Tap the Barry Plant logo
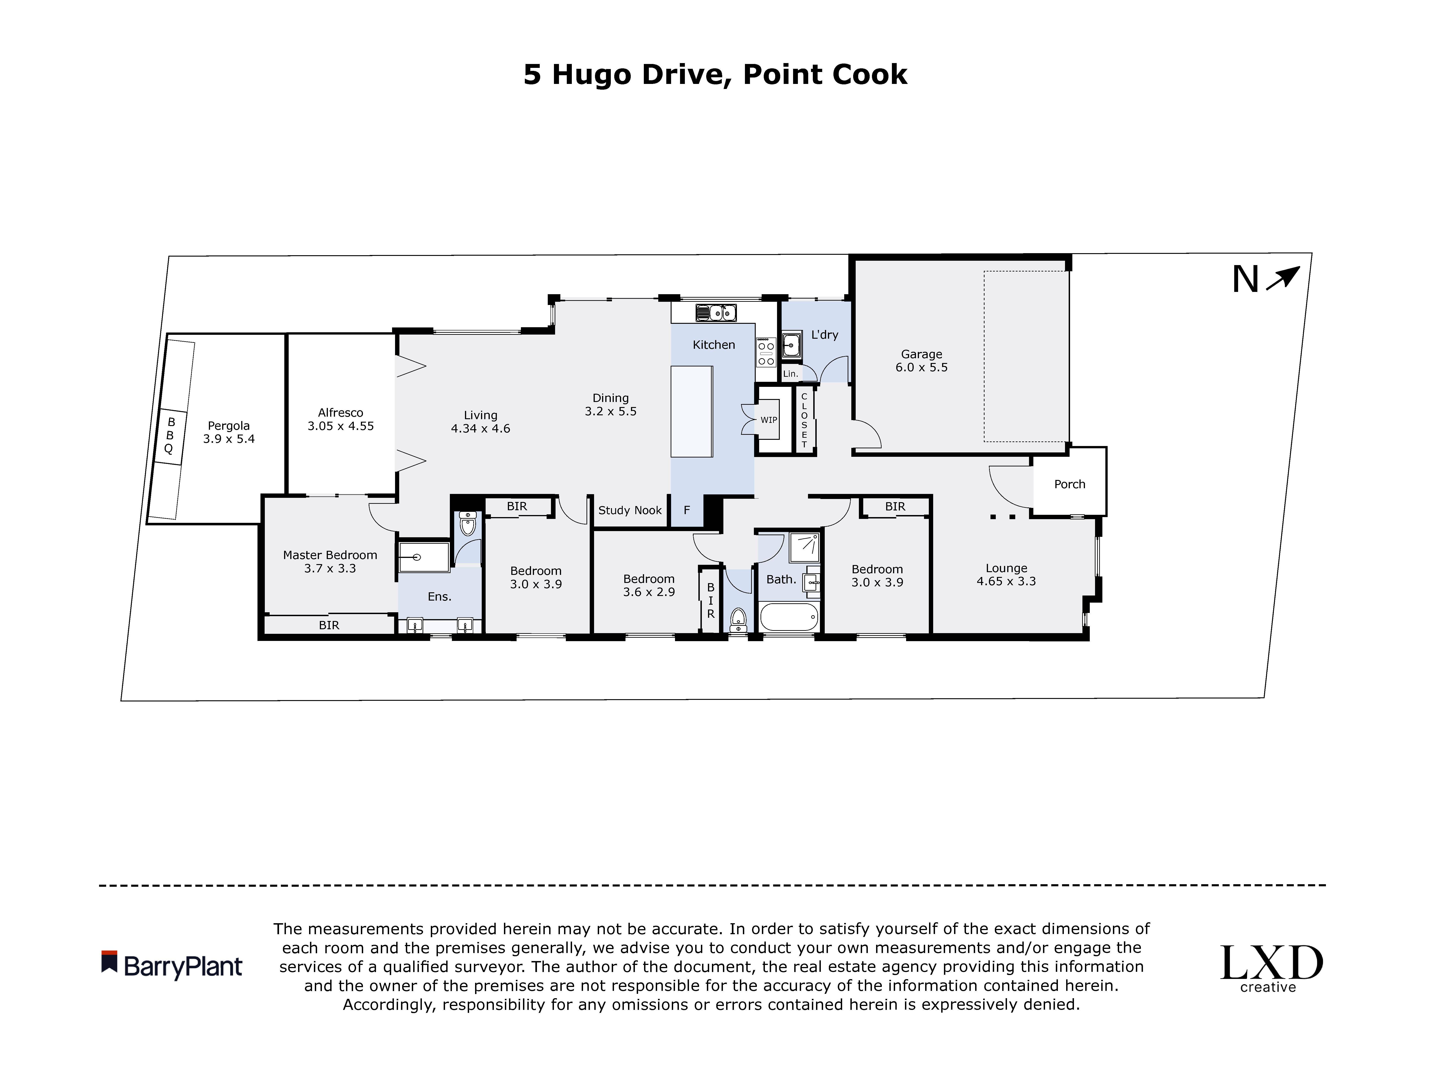[172, 965]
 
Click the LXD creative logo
[1271, 968]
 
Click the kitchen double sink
[716, 313]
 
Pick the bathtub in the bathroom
[788, 617]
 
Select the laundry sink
[790, 345]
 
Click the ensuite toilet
[467, 524]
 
